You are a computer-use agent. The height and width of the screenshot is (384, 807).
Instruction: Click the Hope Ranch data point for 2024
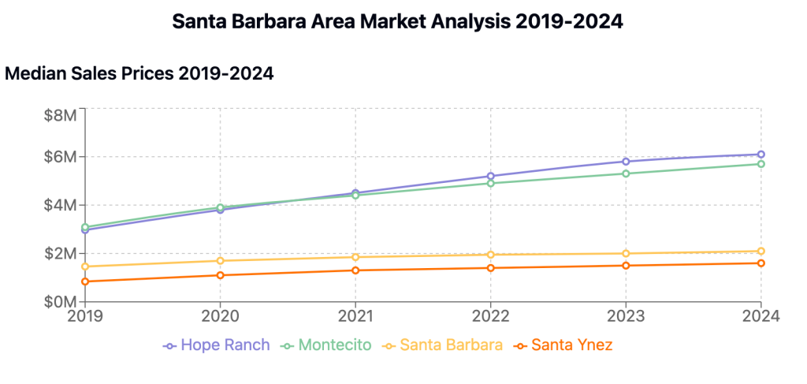[x=761, y=155]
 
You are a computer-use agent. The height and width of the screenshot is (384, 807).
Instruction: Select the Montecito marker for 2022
[x=490, y=183]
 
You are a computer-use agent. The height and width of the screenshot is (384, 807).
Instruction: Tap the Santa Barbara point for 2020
[x=220, y=261]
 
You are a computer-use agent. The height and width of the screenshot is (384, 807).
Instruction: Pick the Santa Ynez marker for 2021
[x=355, y=270]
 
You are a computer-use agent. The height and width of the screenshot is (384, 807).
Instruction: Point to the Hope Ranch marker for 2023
[x=626, y=162]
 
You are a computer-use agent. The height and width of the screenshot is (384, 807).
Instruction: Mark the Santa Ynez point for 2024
[x=761, y=263]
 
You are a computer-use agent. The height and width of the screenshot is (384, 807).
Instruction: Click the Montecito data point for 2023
[x=626, y=173]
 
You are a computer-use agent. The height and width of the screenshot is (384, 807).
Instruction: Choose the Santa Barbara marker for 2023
[x=626, y=254]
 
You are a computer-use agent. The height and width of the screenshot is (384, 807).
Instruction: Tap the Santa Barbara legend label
[x=450, y=345]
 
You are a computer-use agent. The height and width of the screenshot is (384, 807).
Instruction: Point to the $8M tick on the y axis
[x=61, y=115]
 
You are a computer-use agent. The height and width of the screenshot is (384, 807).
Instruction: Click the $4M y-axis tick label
[x=61, y=205]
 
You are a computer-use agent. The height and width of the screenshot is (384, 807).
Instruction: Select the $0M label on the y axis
[x=61, y=302]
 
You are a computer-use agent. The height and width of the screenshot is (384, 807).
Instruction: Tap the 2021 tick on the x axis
[x=355, y=316]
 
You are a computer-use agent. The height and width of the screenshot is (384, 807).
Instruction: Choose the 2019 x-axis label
[x=84, y=316]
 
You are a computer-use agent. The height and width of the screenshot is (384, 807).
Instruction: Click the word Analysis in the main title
[x=456, y=21]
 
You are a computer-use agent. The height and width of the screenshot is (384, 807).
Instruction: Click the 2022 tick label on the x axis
[x=490, y=316]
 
